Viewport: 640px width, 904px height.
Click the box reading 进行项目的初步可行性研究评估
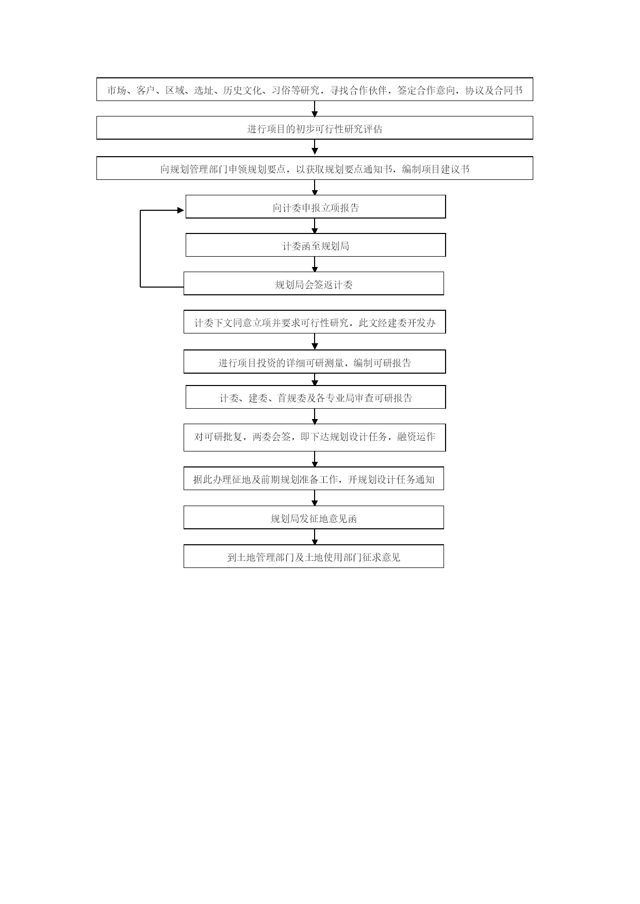[x=315, y=128]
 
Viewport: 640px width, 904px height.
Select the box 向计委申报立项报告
[x=316, y=207]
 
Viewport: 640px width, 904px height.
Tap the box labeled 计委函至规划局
[x=316, y=245]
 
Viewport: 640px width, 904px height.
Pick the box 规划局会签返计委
[x=314, y=283]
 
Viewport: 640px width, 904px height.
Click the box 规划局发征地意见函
[x=314, y=517]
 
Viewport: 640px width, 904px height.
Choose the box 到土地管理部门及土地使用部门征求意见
[x=314, y=556]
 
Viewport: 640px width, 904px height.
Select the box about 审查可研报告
[x=316, y=397]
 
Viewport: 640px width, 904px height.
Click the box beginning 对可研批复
[x=315, y=438]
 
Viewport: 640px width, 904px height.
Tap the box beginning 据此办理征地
[x=314, y=478]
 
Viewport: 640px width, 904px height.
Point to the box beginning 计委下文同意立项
[x=315, y=322]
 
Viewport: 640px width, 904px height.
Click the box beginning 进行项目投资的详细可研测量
[x=315, y=362]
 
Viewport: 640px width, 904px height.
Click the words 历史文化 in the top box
[x=242, y=91]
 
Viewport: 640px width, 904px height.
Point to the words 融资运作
[x=416, y=437]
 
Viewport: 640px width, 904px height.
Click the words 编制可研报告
[x=382, y=363]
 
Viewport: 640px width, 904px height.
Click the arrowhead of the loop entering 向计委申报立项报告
[x=180, y=210]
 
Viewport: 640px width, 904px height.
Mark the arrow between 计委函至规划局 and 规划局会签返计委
[x=315, y=264]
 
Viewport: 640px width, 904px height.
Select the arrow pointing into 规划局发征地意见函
[x=315, y=498]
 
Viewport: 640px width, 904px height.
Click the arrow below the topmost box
[x=315, y=108]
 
